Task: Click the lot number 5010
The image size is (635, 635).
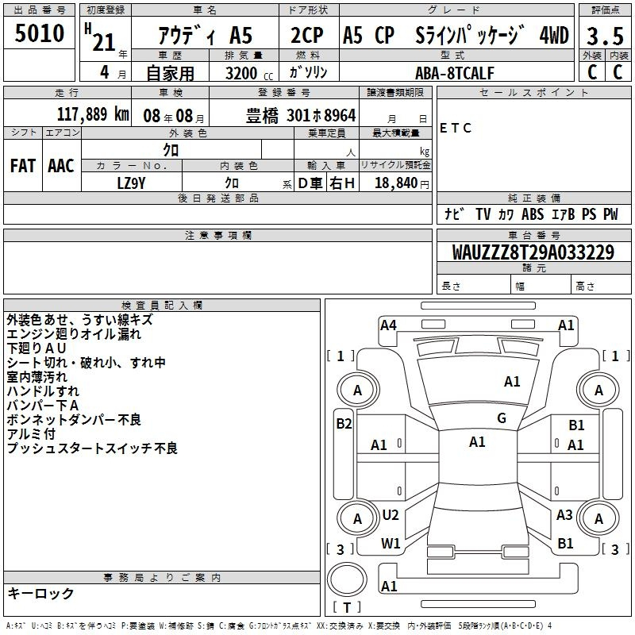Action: coord(39,33)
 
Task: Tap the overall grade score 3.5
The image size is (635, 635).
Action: coord(605,36)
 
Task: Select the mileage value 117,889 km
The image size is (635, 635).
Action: coord(93,114)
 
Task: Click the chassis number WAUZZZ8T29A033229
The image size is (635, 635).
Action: coord(533,252)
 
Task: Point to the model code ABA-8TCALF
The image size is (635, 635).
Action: coord(454,73)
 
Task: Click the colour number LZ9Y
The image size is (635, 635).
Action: coord(131,183)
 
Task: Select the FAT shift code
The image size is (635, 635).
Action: coord(23,166)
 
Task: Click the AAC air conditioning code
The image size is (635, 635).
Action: coord(61,166)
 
